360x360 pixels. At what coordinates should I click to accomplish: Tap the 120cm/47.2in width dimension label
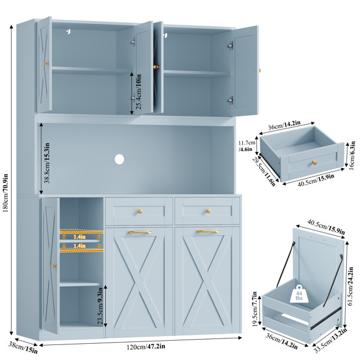[146, 346]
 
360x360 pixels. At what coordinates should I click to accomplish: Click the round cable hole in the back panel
[119, 160]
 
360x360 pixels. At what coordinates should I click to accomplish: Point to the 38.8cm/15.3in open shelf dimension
[47, 163]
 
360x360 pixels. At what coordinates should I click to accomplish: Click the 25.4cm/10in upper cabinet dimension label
[139, 91]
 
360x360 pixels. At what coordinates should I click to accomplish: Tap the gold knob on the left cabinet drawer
[140, 211]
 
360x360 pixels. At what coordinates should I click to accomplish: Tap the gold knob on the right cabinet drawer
[208, 211]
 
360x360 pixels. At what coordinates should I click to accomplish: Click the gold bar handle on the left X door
[140, 232]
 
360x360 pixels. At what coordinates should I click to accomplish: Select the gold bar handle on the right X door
[208, 232]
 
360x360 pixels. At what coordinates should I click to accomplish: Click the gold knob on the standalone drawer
[314, 163]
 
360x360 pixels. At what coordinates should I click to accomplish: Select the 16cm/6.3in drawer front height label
[352, 155]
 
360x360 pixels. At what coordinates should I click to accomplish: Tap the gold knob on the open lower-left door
[54, 266]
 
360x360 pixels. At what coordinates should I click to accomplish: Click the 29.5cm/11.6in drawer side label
[264, 171]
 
